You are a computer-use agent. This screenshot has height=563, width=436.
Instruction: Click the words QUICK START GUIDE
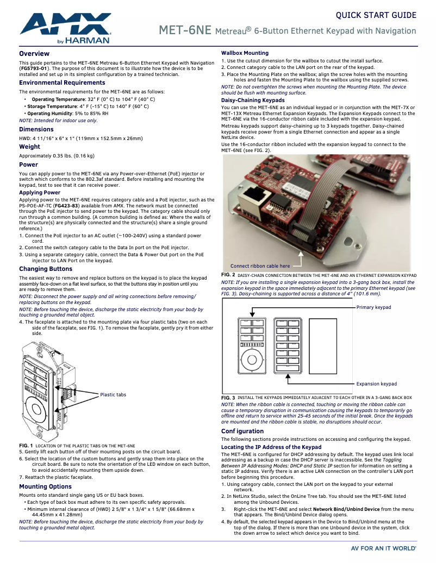point(376,15)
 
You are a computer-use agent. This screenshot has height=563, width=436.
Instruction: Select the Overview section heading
point(34,54)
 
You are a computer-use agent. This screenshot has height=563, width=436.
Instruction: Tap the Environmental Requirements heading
point(54,83)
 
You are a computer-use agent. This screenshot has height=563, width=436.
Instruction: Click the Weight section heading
point(29,147)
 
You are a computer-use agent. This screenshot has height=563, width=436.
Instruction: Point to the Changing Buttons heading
point(46,269)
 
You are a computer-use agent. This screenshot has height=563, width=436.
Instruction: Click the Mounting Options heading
point(45,486)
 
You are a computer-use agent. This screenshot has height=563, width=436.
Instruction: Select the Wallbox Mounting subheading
point(245,53)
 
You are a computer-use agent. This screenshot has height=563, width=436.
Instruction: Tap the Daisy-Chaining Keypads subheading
point(253,100)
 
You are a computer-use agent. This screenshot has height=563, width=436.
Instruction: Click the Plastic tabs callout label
point(113,395)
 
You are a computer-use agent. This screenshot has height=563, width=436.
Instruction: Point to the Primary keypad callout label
point(373,307)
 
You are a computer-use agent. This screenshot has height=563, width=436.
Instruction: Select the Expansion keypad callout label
point(376,384)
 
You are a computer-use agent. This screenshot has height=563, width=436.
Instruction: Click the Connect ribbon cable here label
point(260,266)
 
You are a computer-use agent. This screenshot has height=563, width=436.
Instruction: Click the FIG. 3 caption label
point(228,398)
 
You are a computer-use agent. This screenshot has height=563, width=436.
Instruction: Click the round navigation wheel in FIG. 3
point(252,360)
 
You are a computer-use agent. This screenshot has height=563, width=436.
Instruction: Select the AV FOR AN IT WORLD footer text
point(383,549)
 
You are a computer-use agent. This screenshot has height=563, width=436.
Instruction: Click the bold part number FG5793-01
point(34,69)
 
